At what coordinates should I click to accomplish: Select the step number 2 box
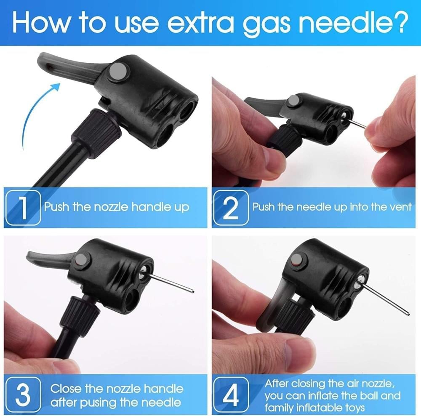point(231,207)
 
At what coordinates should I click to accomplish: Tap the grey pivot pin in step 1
point(119,72)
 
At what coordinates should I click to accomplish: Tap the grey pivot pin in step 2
point(293,101)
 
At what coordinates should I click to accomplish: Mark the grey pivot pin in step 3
point(82,260)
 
